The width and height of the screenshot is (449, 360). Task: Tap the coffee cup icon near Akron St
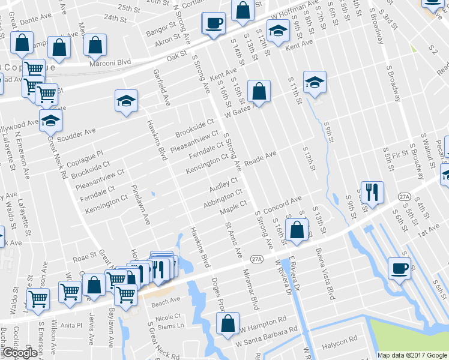(x=214, y=24)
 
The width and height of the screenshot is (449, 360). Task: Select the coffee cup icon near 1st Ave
(x=400, y=269)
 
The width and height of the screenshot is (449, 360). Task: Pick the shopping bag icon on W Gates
(x=259, y=92)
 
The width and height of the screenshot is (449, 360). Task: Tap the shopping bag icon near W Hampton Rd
(x=228, y=323)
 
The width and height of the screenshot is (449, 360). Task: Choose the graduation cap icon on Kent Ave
(x=277, y=31)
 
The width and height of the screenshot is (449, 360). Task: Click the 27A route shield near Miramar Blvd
(x=258, y=259)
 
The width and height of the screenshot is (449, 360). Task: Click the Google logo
(x=19, y=353)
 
